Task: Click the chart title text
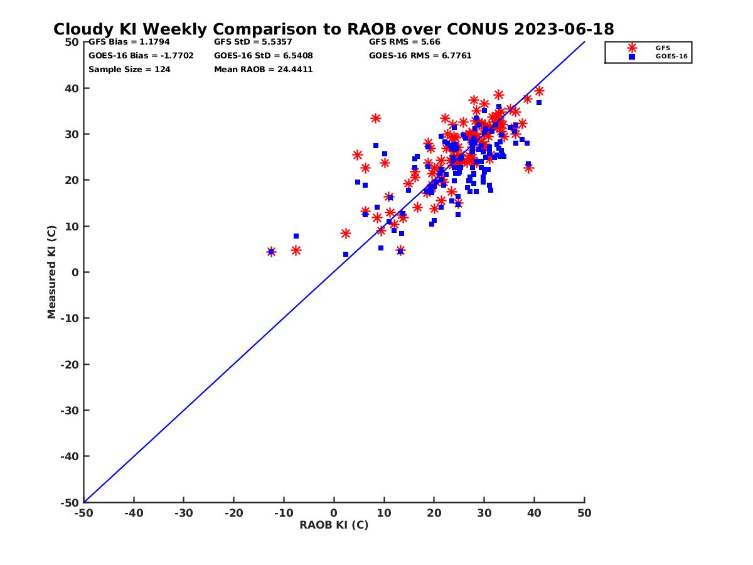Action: [x=333, y=29]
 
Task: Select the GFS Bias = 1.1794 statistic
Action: [x=129, y=42]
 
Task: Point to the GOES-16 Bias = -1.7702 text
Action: [x=141, y=56]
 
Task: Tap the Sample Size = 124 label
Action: [x=129, y=70]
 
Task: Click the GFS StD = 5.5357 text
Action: [x=253, y=42]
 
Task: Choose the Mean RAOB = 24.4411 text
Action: [x=263, y=70]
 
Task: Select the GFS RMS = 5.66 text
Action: [x=404, y=42]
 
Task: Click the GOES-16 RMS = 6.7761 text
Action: [x=420, y=56]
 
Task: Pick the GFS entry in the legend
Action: [x=662, y=48]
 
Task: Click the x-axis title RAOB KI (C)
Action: [x=334, y=525]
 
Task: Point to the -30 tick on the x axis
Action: [x=183, y=513]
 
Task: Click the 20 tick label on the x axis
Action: [x=434, y=513]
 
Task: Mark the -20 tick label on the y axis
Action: [x=70, y=364]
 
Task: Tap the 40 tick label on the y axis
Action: [x=72, y=88]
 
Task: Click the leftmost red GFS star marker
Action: [x=271, y=252]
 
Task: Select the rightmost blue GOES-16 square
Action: [x=538, y=102]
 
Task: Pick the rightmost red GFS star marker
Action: [x=539, y=91]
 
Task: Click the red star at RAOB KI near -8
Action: [x=296, y=250]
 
